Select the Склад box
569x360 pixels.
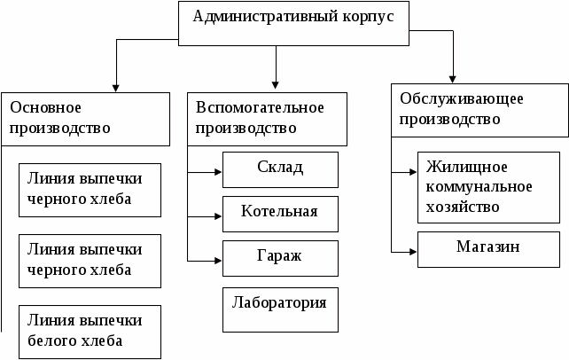pyautogui.click(x=280, y=168)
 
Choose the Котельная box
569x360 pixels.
pyautogui.click(x=280, y=212)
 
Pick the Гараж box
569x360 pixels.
pyautogui.click(x=280, y=256)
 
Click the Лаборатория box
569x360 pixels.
pyautogui.click(x=280, y=302)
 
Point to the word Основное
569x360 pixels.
pyautogui.click(x=45, y=107)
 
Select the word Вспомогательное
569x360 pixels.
pyautogui.click(x=260, y=107)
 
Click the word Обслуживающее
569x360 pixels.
pyautogui.click(x=460, y=97)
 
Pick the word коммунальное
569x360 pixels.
pyautogui.click(x=479, y=186)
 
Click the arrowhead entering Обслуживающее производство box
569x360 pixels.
pyautogui.click(x=452, y=77)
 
